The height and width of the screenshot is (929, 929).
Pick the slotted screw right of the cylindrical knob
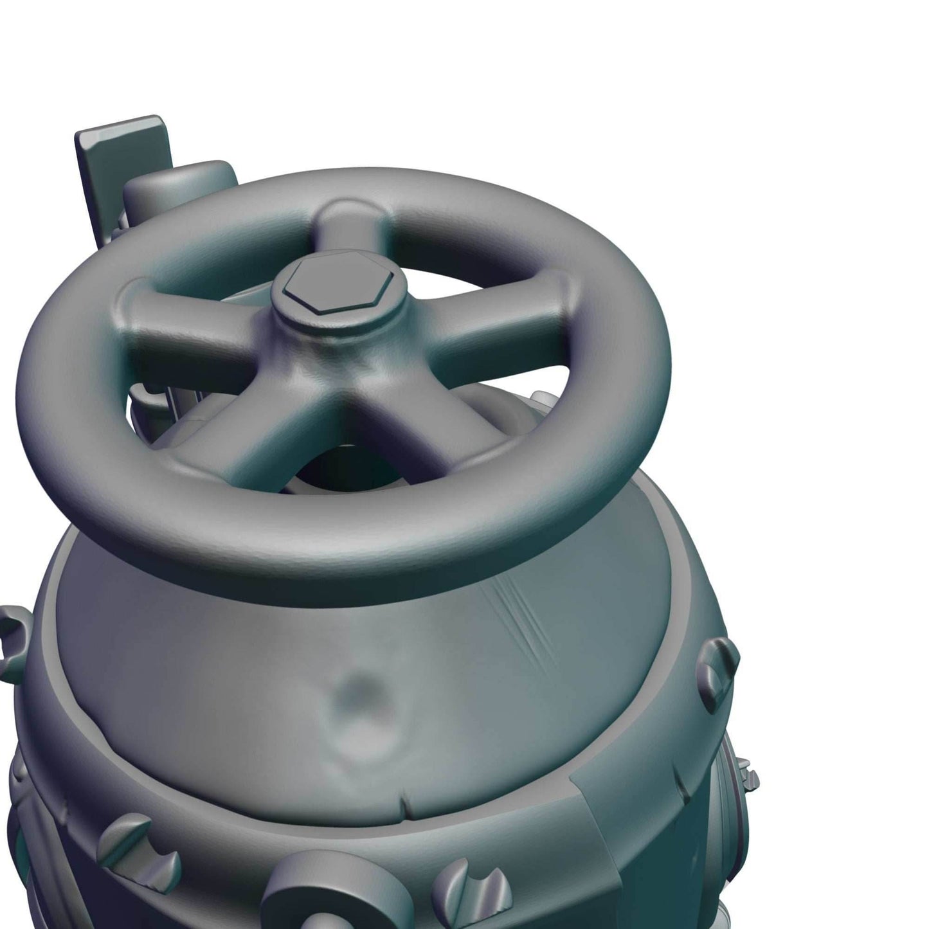[x=466, y=887]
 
